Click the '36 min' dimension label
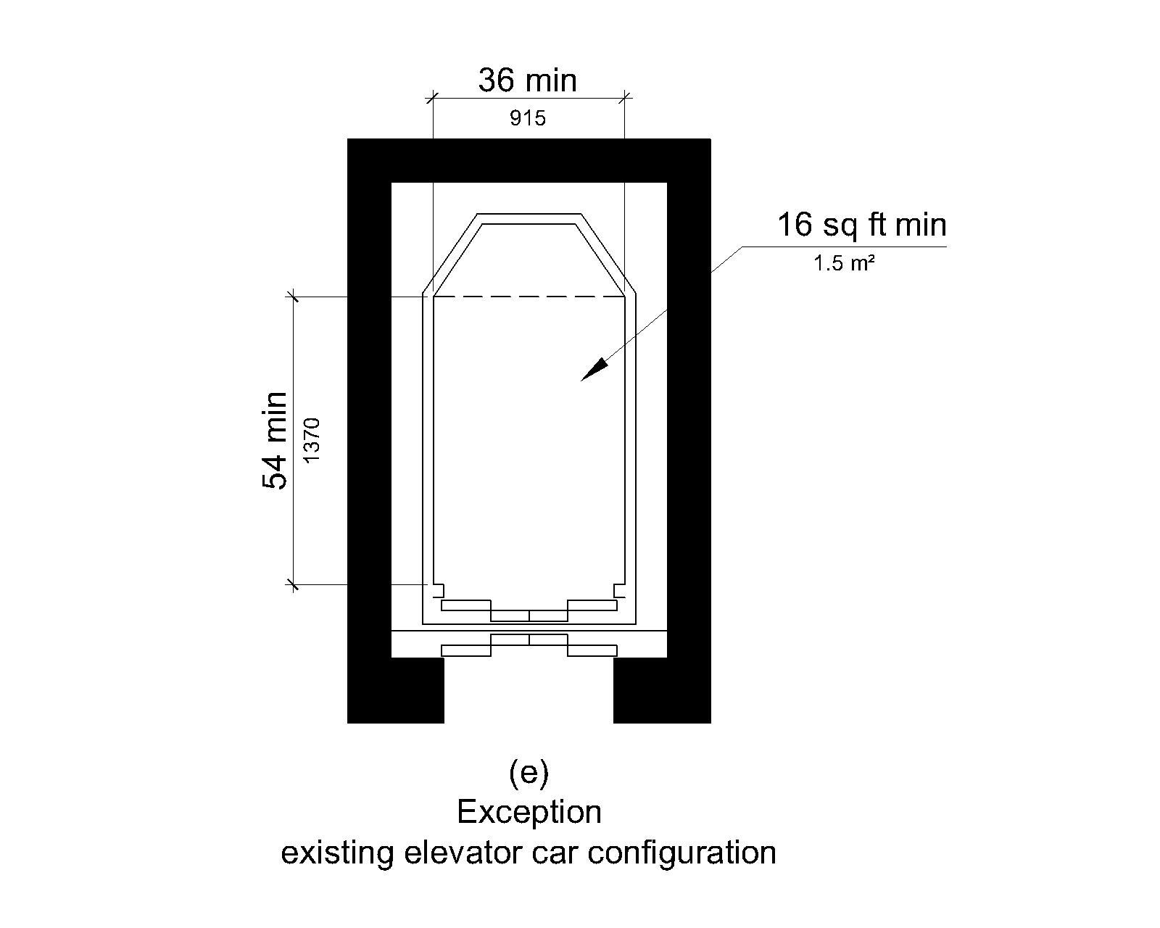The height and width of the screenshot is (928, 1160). [x=527, y=80]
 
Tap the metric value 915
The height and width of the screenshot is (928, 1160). [x=527, y=118]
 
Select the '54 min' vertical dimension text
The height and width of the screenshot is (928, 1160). [x=274, y=440]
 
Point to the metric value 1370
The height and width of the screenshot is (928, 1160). [x=311, y=440]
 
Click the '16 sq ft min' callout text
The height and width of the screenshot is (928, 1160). [x=861, y=225]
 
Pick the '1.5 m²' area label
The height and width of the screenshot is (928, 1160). [x=843, y=264]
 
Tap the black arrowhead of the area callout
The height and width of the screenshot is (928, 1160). [x=594, y=370]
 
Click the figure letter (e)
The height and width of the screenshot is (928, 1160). [x=529, y=774]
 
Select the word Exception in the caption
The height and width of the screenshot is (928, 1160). [x=529, y=812]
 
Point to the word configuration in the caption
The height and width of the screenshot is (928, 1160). [x=681, y=852]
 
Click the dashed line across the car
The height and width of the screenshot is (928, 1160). [x=529, y=296]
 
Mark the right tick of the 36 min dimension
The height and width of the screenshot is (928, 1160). [x=625, y=96]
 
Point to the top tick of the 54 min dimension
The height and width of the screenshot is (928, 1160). [x=294, y=296]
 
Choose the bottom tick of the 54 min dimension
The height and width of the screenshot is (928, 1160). [x=294, y=584]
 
